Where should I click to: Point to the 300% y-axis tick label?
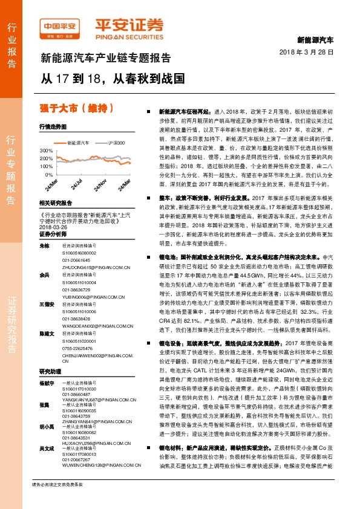47,150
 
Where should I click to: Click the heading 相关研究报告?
55,203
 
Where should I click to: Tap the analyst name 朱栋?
44,246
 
